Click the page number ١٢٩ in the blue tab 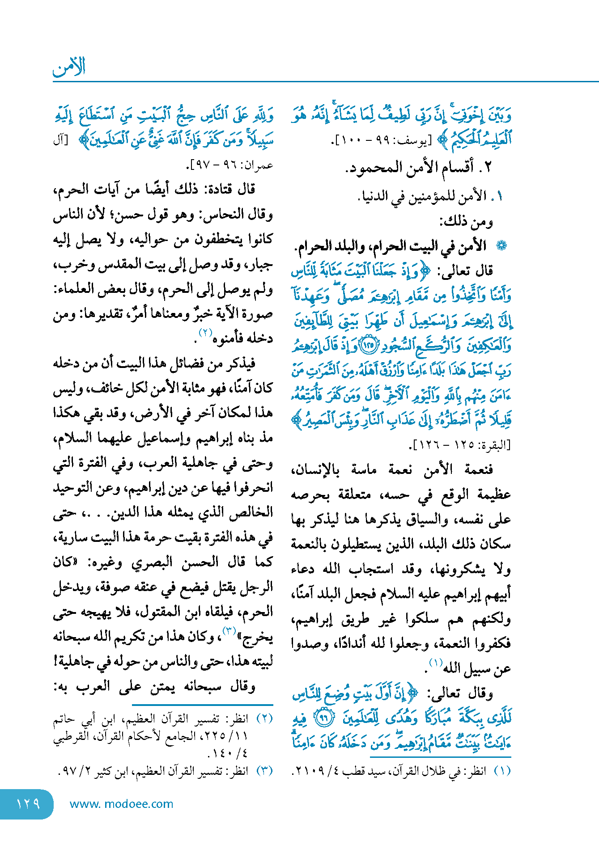28,804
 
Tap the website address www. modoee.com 121,804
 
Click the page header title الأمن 69,67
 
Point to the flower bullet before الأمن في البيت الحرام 502,245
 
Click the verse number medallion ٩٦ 322,718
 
